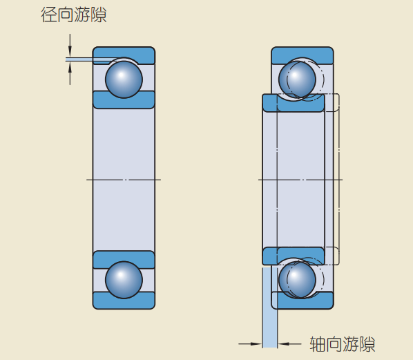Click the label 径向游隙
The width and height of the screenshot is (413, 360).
point(74,15)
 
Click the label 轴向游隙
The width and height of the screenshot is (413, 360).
point(343,344)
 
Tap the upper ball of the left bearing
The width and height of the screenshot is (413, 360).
point(124,79)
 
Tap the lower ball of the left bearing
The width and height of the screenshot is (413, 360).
point(124,280)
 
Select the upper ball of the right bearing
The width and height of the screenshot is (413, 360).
point(297,79)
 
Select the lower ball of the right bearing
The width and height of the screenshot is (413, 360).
point(297,280)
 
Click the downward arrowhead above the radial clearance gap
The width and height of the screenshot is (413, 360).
point(70,51)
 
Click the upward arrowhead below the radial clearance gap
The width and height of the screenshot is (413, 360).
point(70,68)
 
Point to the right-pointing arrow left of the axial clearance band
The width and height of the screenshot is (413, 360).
point(250,344)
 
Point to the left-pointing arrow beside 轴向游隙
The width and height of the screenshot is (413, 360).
point(289,344)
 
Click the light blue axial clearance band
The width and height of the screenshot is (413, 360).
point(270,307)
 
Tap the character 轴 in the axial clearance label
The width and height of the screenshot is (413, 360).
point(318,344)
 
